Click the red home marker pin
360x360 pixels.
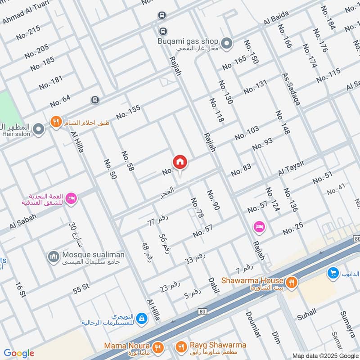point(180,162)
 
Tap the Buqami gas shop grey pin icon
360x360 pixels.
point(227,43)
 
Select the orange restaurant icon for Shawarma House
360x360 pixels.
point(292,282)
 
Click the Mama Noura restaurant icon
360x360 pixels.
point(157,347)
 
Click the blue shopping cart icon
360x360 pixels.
point(333,273)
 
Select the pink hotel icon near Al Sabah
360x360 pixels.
point(71,198)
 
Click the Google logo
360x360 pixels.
point(19,353)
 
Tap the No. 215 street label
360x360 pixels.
point(28,31)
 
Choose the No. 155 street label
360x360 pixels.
point(128,112)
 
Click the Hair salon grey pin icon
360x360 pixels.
point(39,130)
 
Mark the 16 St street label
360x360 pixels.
point(20,289)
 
